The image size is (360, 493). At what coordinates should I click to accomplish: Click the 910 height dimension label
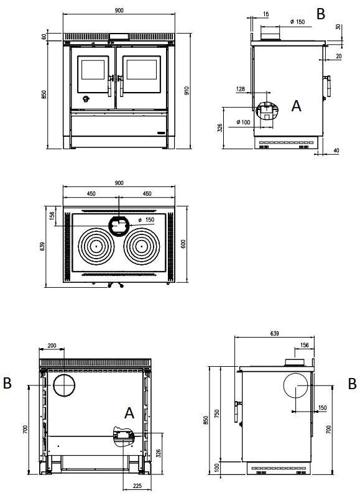[187, 91]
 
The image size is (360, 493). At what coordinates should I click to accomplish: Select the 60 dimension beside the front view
[44, 37]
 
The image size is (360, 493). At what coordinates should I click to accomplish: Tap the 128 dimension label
[240, 89]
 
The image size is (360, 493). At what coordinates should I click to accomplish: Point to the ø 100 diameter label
[243, 122]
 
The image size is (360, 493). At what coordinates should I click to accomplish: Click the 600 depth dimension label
[183, 244]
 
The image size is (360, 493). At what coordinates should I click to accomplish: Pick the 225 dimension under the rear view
[137, 486]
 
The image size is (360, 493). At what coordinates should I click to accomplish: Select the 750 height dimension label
[216, 413]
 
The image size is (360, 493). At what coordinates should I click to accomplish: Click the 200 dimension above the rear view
[52, 346]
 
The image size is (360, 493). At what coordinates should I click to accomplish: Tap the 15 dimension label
[265, 14]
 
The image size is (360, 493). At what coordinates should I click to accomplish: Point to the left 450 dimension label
[91, 194]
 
